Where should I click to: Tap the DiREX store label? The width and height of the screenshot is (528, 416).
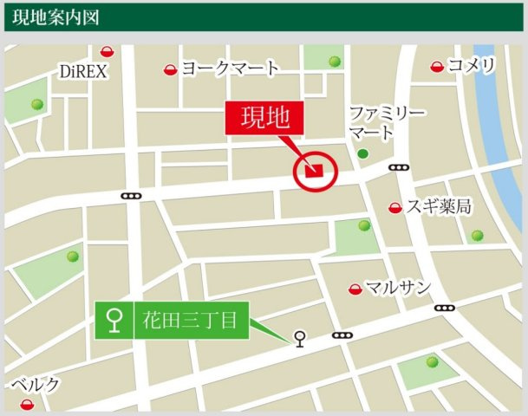(x=83, y=71)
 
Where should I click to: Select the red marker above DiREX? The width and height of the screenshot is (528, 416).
(x=107, y=52)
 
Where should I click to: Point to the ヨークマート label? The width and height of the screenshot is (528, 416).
(x=230, y=68)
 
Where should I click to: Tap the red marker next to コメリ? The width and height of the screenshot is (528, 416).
(x=438, y=66)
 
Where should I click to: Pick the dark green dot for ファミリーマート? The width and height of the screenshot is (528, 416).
(x=362, y=153)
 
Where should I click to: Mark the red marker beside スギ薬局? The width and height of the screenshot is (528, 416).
(x=395, y=207)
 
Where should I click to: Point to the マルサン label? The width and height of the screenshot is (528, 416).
(x=398, y=288)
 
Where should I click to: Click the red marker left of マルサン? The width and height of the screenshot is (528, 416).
(x=354, y=289)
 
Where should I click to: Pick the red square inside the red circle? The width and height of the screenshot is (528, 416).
(x=316, y=170)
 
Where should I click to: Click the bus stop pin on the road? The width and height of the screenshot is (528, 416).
(x=300, y=338)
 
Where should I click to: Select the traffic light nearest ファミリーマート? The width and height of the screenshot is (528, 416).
(x=400, y=167)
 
